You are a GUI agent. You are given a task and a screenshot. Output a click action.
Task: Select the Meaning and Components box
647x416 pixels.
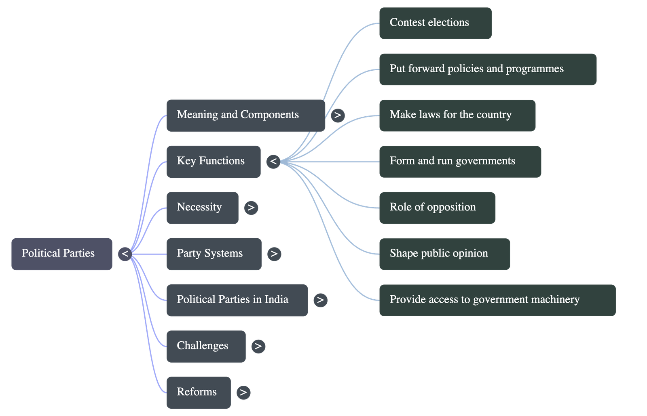pos(245,115)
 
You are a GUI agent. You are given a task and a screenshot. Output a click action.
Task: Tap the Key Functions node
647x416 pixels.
pos(213,162)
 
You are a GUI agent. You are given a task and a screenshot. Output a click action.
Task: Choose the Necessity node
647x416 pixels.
pos(202,208)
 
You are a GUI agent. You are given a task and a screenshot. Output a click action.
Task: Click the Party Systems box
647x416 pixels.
pos(214,254)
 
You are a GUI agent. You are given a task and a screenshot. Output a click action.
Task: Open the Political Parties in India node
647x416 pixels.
pos(237,300)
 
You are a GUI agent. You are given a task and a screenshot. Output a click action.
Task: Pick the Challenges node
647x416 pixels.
pos(205,346)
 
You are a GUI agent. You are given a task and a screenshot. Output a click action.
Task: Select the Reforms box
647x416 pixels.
pos(198,392)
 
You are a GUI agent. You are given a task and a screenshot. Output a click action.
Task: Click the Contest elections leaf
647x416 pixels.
pos(435,23)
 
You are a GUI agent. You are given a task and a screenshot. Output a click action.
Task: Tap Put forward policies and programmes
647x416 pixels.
pos(487,69)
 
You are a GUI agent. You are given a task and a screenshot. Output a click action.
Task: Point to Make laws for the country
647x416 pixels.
pos(457,115)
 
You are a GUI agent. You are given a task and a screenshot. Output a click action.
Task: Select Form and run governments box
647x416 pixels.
pos(460,162)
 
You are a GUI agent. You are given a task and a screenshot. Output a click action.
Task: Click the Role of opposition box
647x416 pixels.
pos(437,208)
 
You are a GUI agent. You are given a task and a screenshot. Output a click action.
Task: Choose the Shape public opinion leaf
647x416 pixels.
pos(444,254)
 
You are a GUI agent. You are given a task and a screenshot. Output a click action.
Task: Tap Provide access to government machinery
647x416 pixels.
pos(497,300)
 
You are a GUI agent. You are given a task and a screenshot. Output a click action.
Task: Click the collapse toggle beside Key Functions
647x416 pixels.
pos(273,162)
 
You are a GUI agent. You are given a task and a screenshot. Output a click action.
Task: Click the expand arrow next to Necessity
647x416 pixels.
pos(251,208)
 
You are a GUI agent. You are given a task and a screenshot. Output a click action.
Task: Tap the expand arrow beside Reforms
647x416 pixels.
pos(243,392)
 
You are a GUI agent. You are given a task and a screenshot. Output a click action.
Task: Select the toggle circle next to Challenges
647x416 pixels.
pos(258,346)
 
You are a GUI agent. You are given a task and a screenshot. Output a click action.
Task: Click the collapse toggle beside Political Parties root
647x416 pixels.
pos(125,254)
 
